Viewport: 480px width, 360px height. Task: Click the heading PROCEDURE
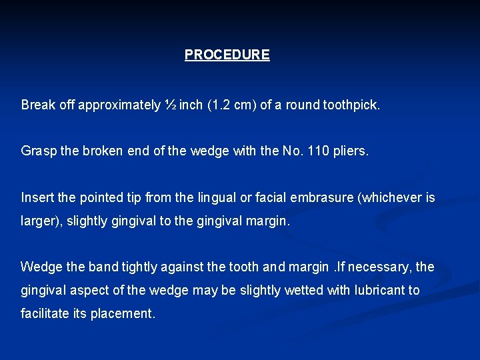pyautogui.click(x=227, y=55)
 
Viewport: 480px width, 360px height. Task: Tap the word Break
pyautogui.click(x=37, y=105)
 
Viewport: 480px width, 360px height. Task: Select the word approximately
pyautogui.click(x=119, y=105)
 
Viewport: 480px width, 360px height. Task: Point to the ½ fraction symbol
pyautogui.click(x=170, y=105)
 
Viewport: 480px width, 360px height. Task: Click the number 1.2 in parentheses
pyautogui.click(x=221, y=105)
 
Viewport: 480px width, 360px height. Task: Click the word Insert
pyautogui.click(x=37, y=197)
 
